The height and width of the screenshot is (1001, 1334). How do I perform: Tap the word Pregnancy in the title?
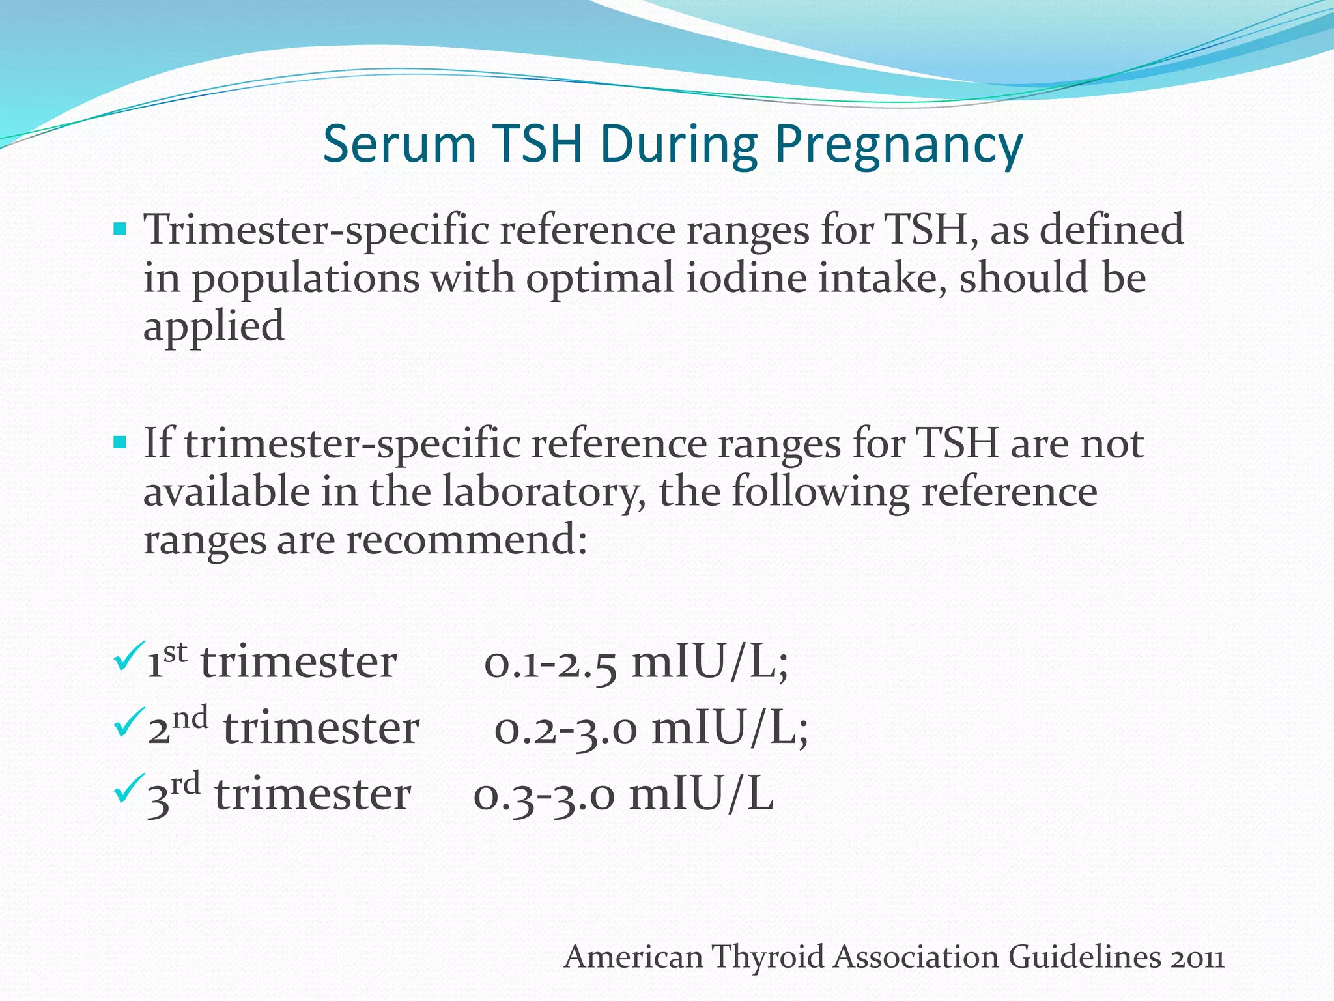point(899,145)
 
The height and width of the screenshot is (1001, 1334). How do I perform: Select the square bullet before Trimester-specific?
point(120,229)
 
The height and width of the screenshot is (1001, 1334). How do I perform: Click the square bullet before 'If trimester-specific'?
point(120,443)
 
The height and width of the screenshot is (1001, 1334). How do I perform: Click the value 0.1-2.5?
point(550,663)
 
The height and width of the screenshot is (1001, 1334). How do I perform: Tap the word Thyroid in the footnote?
point(769,957)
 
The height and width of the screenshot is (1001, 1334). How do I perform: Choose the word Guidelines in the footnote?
point(1085,957)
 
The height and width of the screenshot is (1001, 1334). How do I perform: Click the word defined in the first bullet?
point(1111,229)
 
